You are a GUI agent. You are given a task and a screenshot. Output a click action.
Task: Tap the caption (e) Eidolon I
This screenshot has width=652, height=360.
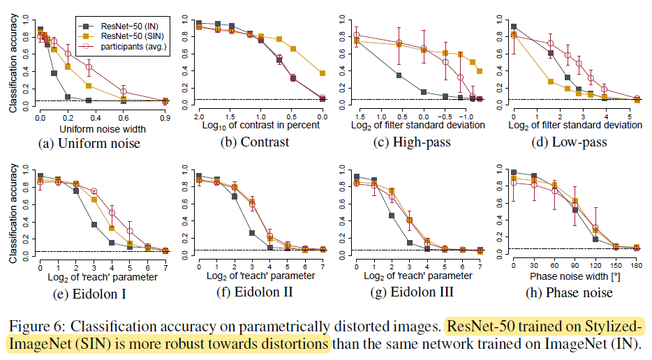point(89,294)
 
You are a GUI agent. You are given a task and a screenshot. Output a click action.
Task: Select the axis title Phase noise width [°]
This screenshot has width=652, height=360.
point(572,276)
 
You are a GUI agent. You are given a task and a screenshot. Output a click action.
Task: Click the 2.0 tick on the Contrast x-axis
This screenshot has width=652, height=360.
point(199,114)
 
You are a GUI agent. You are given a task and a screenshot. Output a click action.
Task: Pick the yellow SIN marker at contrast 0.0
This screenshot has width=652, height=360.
point(322,73)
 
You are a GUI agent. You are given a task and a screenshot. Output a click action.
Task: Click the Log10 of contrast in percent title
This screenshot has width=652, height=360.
point(260,125)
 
